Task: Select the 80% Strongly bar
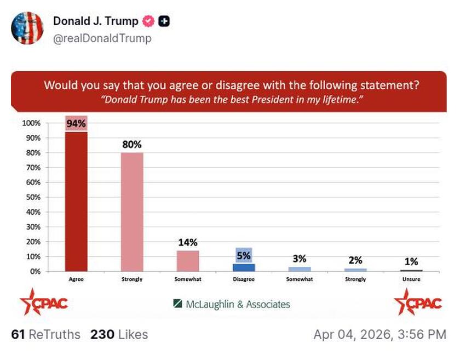pyautogui.click(x=132, y=212)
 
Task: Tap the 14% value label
pyautogui.click(x=188, y=242)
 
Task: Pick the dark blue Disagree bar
pyautogui.click(x=244, y=267)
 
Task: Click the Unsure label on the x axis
pyautogui.click(x=411, y=279)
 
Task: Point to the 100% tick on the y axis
pyautogui.click(x=31, y=123)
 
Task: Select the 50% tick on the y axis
pyautogui.click(x=33, y=197)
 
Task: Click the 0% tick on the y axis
pyautogui.click(x=35, y=271)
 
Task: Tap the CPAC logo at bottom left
pyautogui.click(x=43, y=302)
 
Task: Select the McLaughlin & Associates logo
pyautogui.click(x=232, y=304)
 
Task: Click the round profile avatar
pyautogui.click(x=27, y=28)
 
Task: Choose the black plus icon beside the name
pyautogui.click(x=164, y=21)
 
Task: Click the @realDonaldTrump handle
pyautogui.click(x=102, y=38)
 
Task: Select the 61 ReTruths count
pyautogui.click(x=45, y=334)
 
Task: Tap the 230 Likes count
pyautogui.click(x=119, y=334)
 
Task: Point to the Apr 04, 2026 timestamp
pyautogui.click(x=380, y=334)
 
